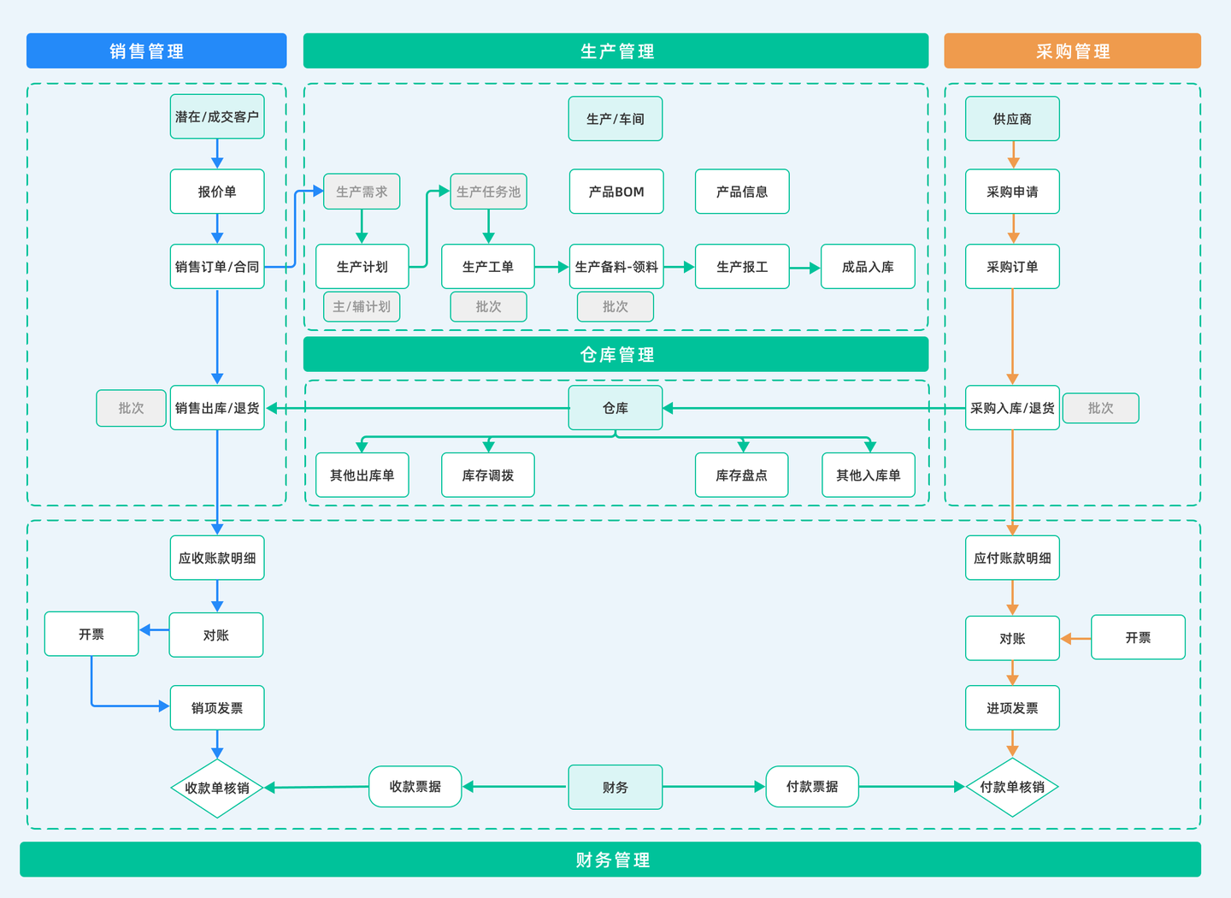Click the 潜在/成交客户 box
pyautogui.click(x=217, y=116)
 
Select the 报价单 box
pyautogui.click(x=217, y=192)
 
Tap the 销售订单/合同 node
pyautogui.click(x=217, y=267)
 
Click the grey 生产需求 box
pyautogui.click(x=362, y=192)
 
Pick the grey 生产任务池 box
pyautogui.click(x=489, y=192)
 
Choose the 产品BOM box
pyautogui.click(x=616, y=192)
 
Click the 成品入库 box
pyautogui.click(x=868, y=267)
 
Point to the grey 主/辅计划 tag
pyautogui.click(x=362, y=306)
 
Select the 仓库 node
pyautogui.click(x=615, y=407)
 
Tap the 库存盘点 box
pyautogui.click(x=741, y=476)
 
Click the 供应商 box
pyautogui.click(x=1012, y=119)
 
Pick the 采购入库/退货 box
pyautogui.click(x=1012, y=407)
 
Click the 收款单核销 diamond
pyautogui.click(x=217, y=788)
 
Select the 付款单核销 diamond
pyautogui.click(x=1012, y=787)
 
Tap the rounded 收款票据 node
pyautogui.click(x=415, y=786)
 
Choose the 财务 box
pyautogui.click(x=615, y=787)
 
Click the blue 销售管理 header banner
pyautogui.click(x=156, y=50)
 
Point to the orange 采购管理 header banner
pyautogui.click(x=1072, y=50)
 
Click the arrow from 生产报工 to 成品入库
pyautogui.click(x=805, y=268)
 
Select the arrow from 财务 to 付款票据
pyautogui.click(x=714, y=787)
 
